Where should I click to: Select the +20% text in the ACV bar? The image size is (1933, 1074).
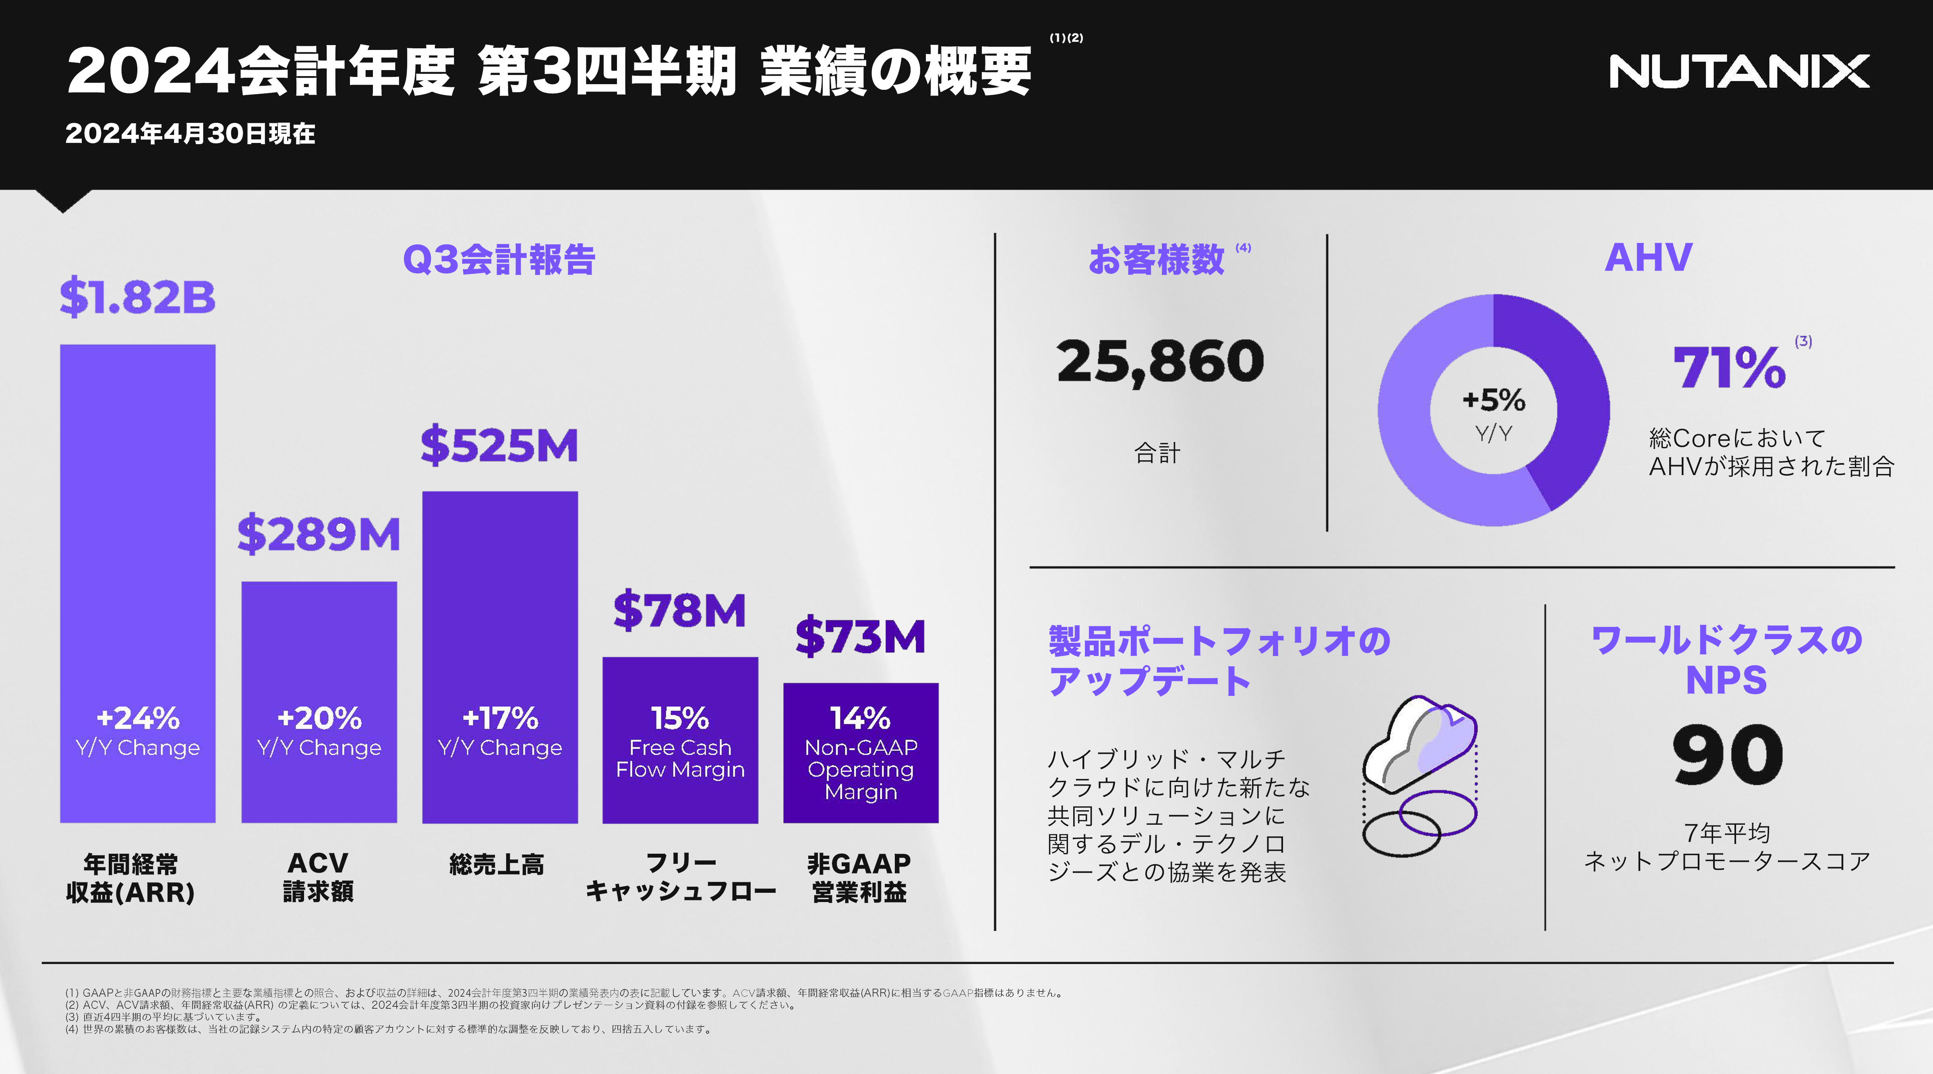(x=319, y=718)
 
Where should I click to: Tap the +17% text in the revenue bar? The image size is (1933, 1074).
(x=500, y=718)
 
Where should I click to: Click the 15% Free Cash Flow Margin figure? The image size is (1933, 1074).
(x=680, y=718)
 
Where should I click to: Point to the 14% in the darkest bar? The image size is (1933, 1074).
(x=861, y=718)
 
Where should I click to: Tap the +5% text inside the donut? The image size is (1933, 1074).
(x=1493, y=400)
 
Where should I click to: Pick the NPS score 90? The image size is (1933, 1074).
(x=1727, y=755)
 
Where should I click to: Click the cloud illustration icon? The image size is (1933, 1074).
(x=1420, y=773)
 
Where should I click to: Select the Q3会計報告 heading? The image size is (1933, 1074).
(x=499, y=260)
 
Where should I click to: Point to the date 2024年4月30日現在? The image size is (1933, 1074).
(x=190, y=134)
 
